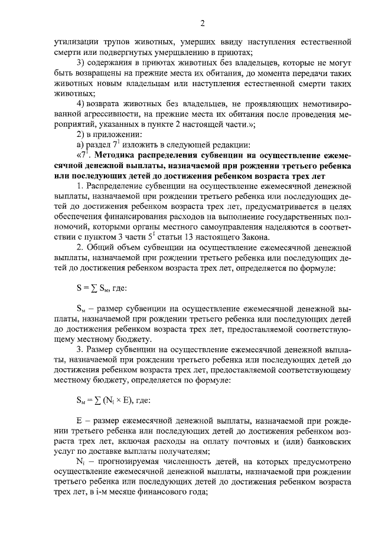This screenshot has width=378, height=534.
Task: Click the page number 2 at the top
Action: (202, 24)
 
